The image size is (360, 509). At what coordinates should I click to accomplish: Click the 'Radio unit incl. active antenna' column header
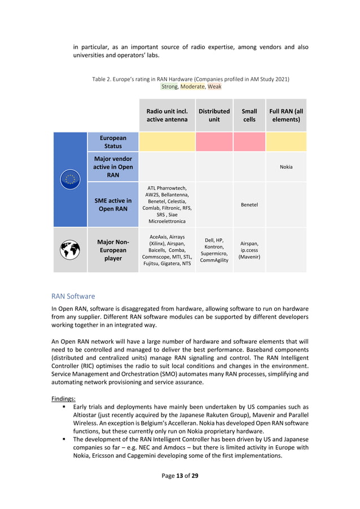point(167,115)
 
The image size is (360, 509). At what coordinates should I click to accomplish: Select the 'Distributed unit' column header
point(214,115)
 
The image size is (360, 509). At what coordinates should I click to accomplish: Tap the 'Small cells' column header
point(249,115)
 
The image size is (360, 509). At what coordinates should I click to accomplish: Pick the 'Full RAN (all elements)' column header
point(286,115)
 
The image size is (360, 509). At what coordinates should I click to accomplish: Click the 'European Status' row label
point(113,142)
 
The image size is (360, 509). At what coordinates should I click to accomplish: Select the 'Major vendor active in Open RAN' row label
point(113,166)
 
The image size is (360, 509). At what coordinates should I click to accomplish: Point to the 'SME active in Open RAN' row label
point(113,204)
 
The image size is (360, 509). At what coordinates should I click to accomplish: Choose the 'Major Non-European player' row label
point(113,250)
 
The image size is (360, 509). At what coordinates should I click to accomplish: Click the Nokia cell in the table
point(286,167)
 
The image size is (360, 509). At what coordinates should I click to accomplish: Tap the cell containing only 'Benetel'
point(249,204)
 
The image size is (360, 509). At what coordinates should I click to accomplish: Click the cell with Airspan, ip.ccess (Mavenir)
point(249,249)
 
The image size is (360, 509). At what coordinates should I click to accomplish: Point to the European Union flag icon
point(70,179)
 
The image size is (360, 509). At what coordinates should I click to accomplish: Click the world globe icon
point(70,250)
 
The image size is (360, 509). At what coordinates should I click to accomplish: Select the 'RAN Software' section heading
point(73,296)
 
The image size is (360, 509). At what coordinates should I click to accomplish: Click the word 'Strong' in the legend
point(169,87)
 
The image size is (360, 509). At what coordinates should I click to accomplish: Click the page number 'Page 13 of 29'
point(180,475)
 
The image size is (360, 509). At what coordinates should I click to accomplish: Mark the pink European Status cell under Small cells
point(249,142)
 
